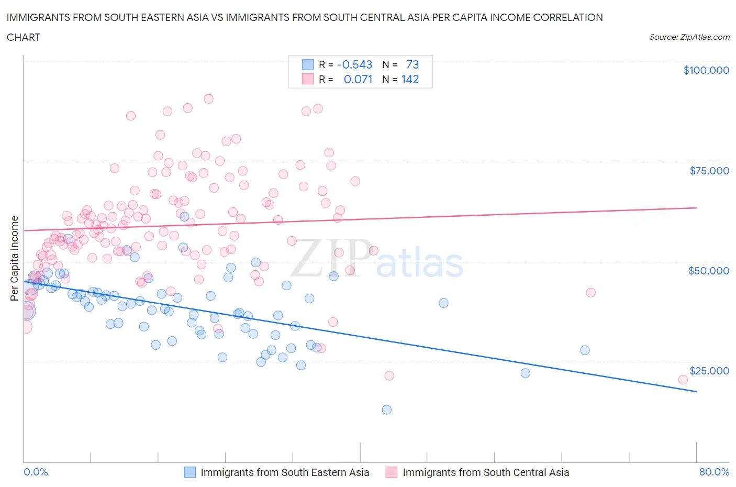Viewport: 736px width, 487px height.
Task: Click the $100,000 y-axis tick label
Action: tap(706, 71)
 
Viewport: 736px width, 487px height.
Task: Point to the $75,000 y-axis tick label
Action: tap(709, 171)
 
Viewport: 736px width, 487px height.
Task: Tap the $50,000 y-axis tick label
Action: tap(708, 271)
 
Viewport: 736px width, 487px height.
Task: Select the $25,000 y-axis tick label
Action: tap(709, 371)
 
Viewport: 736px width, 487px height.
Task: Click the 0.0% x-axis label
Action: tap(36, 472)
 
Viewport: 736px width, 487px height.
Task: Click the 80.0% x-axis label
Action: tap(714, 472)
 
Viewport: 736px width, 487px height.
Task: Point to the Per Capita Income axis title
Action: tap(15, 259)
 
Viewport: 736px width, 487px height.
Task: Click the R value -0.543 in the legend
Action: tap(354, 64)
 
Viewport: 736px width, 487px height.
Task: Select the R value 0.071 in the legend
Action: tap(358, 79)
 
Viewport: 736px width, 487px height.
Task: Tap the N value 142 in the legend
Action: tap(410, 79)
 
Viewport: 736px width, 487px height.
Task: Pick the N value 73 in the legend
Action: tap(412, 64)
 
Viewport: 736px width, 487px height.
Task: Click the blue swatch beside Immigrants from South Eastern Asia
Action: tap(189, 472)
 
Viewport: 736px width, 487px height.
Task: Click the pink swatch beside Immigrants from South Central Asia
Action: tap(391, 472)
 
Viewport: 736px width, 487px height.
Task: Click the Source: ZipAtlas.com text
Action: tap(689, 37)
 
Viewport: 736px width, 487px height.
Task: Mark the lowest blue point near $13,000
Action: tap(387, 409)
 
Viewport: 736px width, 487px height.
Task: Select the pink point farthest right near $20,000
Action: tap(683, 380)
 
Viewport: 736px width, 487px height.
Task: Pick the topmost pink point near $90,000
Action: tap(208, 98)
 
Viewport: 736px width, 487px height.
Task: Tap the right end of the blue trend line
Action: tap(696, 391)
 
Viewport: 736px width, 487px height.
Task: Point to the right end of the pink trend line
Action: tap(696, 208)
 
